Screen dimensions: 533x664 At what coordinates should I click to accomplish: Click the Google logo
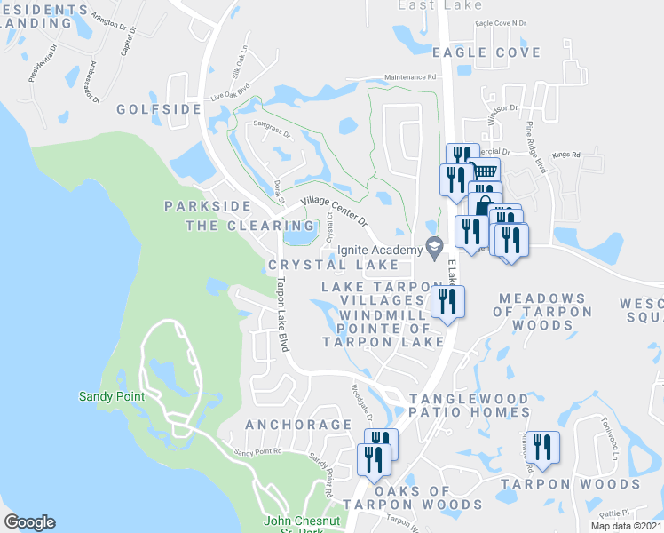[29, 522]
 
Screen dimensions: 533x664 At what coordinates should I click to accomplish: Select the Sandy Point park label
[111, 396]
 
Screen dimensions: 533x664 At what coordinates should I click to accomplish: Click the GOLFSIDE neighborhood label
[159, 109]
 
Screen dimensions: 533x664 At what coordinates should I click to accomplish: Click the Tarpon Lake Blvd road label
[281, 314]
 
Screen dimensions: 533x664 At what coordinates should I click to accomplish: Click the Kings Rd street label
[565, 155]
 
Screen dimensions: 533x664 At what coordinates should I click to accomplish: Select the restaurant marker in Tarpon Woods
[541, 447]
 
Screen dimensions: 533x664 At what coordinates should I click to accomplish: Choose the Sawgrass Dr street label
[273, 133]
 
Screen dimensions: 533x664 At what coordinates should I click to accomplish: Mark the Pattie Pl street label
[612, 513]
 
